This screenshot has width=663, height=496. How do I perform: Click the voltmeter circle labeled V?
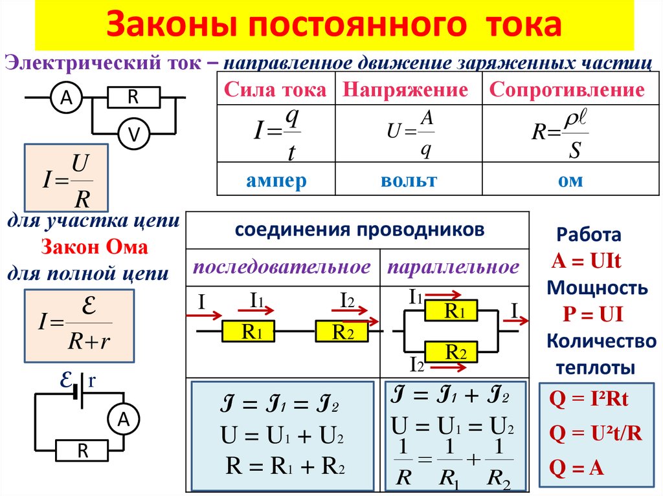(x=134, y=134)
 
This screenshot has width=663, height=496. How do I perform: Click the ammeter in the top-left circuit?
(x=66, y=98)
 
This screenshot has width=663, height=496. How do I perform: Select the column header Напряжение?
(x=405, y=90)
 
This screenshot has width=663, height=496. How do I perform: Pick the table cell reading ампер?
(x=276, y=180)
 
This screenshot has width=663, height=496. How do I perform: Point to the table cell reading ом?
(x=570, y=180)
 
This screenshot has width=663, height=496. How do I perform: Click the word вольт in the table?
(x=409, y=180)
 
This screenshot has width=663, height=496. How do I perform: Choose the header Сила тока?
(x=275, y=90)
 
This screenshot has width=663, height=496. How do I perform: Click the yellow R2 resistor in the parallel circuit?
(x=451, y=352)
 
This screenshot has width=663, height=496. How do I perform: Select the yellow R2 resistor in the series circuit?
(x=342, y=332)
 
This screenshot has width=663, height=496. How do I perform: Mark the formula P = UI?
(x=592, y=315)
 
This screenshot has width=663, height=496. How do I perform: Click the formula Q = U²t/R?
(x=596, y=433)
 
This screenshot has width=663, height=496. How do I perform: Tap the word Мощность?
(x=596, y=288)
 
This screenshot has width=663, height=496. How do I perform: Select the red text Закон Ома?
(x=95, y=248)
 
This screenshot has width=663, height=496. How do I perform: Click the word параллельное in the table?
(x=453, y=267)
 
